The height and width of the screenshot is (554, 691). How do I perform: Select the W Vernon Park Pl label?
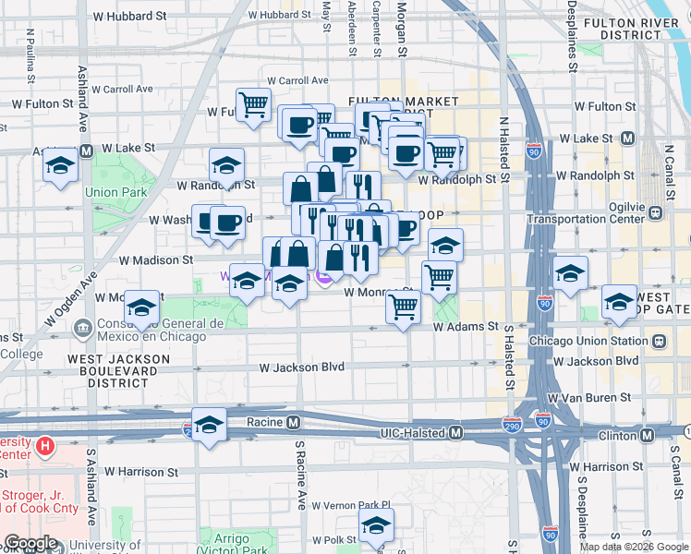(x=352, y=506)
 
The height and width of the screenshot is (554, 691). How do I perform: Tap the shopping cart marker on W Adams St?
(x=404, y=307)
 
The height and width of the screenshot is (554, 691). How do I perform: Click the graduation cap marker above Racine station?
(x=210, y=425)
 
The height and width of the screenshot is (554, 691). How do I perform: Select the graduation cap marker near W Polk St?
(x=376, y=527)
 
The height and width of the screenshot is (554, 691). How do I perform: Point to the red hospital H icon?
(x=45, y=447)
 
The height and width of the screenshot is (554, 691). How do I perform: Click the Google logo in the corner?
(x=30, y=544)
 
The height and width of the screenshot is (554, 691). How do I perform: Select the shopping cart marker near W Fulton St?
(x=252, y=104)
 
